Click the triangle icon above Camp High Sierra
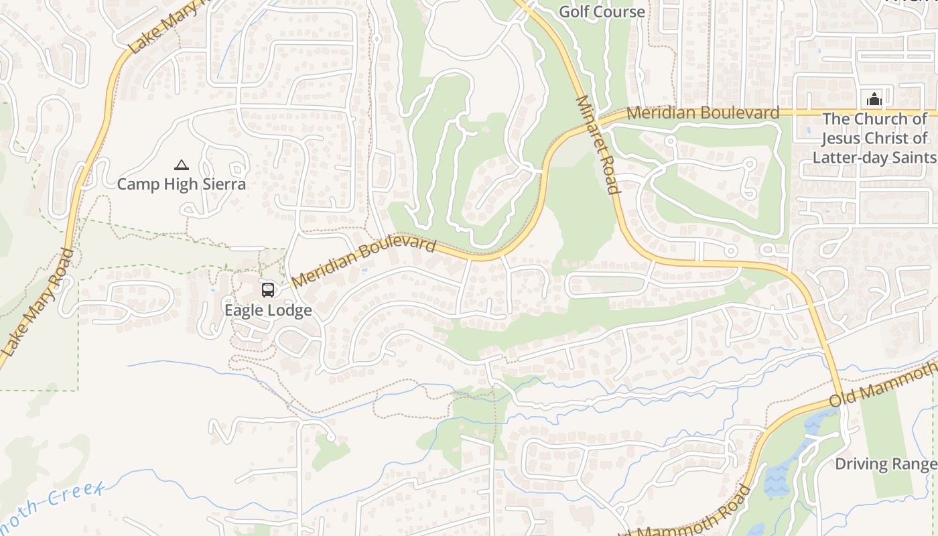(x=181, y=165)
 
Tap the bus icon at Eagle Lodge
(x=268, y=290)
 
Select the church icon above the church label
(x=874, y=100)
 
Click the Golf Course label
(x=602, y=11)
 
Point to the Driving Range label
(x=886, y=464)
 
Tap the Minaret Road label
(x=596, y=144)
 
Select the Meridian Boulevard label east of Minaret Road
(x=703, y=113)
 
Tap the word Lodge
(x=289, y=310)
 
